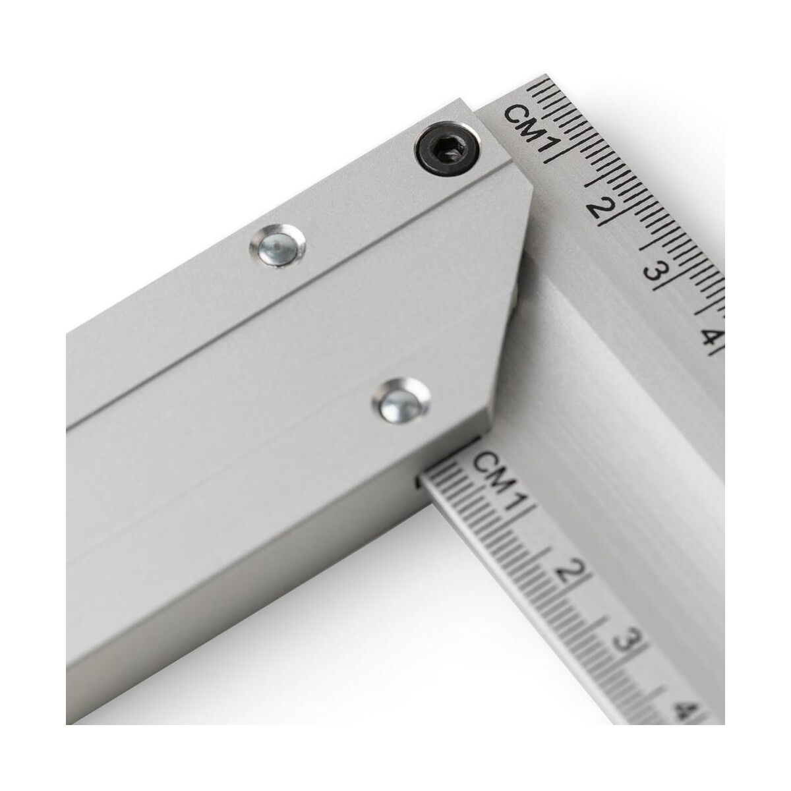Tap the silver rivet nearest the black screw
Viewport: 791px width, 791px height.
pos(278,246)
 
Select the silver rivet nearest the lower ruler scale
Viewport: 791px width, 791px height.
pos(401,400)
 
